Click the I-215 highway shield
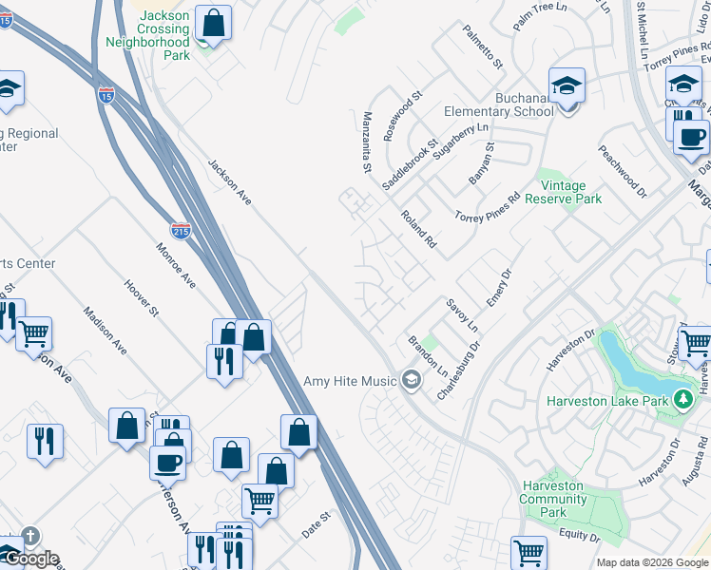click(x=181, y=230)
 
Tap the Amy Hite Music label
click(x=350, y=382)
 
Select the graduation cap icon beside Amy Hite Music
click(x=411, y=381)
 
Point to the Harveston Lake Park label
click(x=608, y=401)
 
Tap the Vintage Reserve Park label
click(x=570, y=193)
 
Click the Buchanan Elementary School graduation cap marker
click(x=567, y=88)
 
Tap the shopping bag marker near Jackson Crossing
click(x=214, y=23)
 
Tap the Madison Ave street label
click(x=105, y=331)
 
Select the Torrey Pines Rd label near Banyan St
click(x=487, y=208)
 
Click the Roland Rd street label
click(x=418, y=229)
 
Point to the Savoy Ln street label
click(x=462, y=314)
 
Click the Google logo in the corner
click(x=30, y=559)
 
